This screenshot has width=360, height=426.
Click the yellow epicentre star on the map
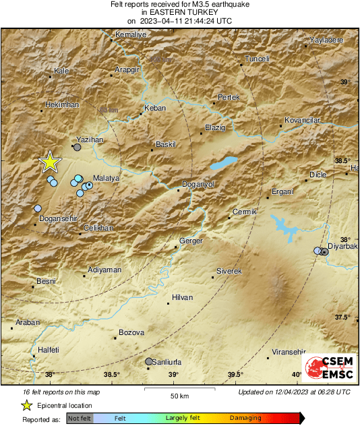(x=49, y=162)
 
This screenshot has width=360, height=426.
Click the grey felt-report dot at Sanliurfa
(x=149, y=361)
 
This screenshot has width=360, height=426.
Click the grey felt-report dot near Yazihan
(x=78, y=147)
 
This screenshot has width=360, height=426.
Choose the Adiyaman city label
(x=104, y=270)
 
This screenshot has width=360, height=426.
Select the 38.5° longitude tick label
(x=112, y=375)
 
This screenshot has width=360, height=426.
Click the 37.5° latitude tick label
(x=343, y=317)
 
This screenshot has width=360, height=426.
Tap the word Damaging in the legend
(x=245, y=418)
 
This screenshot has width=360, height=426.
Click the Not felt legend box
(x=79, y=418)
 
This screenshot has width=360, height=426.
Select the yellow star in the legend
(x=26, y=405)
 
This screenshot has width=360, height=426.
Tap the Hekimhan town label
(x=61, y=104)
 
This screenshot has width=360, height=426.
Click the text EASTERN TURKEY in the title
(x=179, y=12)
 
